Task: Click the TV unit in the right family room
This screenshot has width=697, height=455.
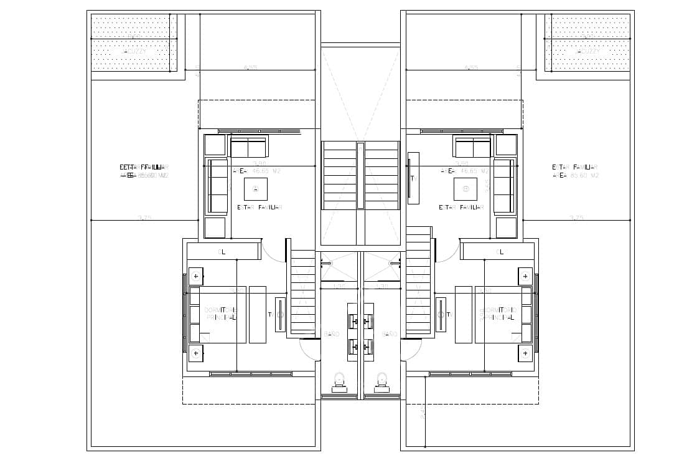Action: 413,178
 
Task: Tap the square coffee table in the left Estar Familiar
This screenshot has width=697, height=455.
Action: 255,188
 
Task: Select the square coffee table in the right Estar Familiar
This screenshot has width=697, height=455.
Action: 465,188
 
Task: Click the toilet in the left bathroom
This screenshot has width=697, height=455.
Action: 340,381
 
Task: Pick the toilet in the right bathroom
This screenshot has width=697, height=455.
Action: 382,381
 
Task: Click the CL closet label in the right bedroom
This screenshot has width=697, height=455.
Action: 499,252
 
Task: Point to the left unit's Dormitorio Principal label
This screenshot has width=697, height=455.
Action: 220,314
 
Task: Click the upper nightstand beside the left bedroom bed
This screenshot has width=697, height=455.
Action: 196,275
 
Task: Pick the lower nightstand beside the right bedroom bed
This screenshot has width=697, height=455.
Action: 525,353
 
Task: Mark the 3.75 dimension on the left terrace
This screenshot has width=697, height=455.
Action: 144,218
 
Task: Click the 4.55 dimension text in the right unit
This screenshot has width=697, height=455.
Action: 470,67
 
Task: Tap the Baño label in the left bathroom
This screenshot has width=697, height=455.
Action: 332,335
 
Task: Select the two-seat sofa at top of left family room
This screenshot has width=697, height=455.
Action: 248,147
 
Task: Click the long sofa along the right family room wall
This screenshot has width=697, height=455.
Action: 504,186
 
